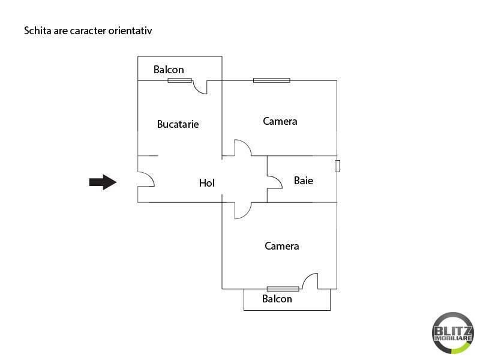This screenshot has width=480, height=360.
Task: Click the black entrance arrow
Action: coord(103,182)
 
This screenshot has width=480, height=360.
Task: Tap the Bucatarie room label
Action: coord(178,124)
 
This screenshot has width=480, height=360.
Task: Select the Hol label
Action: coord(206,183)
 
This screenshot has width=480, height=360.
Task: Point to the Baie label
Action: coord(304,181)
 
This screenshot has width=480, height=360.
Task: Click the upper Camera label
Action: coord(280,121)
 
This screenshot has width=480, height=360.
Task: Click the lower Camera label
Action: coord(281,246)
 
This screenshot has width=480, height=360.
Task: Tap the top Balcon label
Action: coord(169,70)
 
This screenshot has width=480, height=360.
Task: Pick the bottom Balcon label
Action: coord(277,298)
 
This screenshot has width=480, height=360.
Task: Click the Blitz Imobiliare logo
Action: coord(452,332)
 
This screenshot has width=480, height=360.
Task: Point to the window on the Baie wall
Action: coord(337,166)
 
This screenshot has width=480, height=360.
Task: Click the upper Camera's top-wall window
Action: coord(272,80)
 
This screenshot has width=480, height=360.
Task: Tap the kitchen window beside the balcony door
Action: coord(179,80)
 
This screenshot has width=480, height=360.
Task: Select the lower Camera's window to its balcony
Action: coord(283,289)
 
